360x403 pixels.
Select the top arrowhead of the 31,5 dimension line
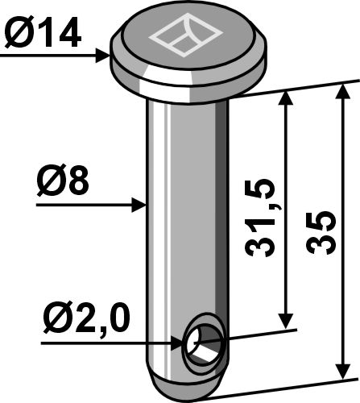point(285,98)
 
